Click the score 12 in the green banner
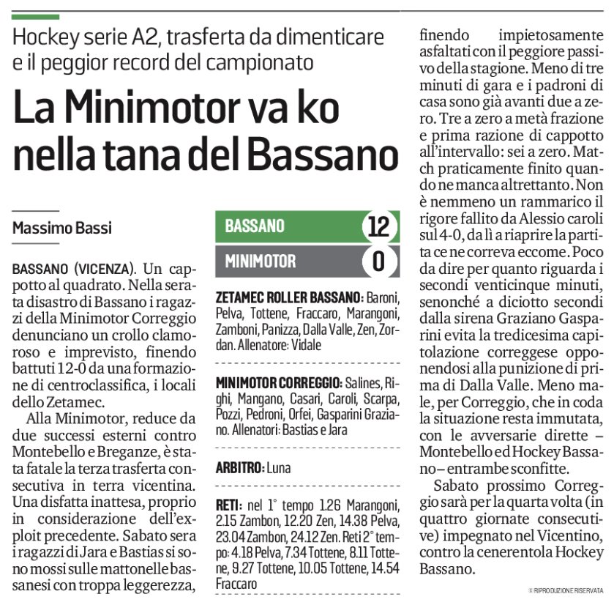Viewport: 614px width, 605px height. click(378, 227)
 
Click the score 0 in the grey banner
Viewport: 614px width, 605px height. click(378, 261)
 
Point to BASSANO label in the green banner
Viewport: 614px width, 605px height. click(255, 227)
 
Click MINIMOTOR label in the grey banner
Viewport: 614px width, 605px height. click(261, 261)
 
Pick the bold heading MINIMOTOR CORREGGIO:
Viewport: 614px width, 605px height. click(279, 383)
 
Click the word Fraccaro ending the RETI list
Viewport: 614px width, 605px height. click(238, 584)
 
